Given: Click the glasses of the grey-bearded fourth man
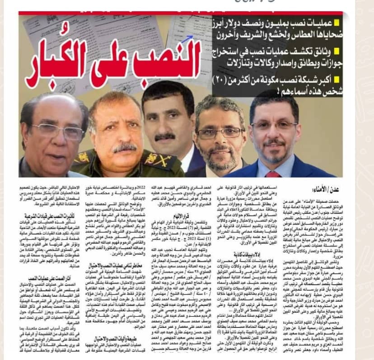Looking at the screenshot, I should [216, 131].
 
